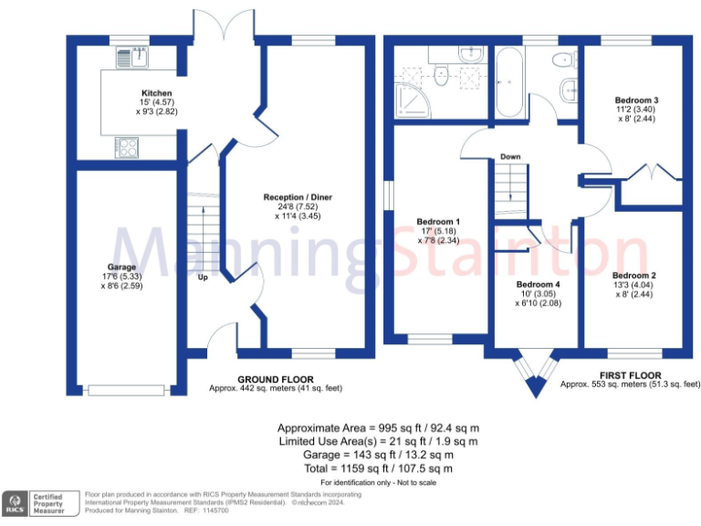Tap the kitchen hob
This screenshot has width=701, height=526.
coord(127,146)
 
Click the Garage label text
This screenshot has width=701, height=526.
coord(121,268)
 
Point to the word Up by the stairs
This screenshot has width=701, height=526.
coord(203,278)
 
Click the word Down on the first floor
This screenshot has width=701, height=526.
coord(510,157)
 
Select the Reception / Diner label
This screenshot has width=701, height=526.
coord(298,197)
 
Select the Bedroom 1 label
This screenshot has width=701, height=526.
coord(438,222)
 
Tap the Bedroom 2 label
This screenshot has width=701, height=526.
coord(634,276)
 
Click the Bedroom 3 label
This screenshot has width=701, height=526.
coord(636,100)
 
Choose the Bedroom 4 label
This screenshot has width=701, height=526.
coord(537,285)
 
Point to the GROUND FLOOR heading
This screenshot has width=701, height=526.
coord(275,379)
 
